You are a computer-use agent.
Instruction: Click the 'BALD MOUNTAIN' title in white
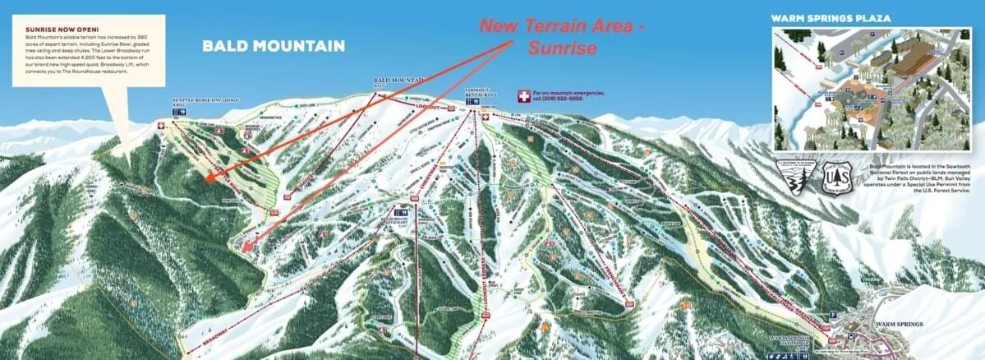[274, 46]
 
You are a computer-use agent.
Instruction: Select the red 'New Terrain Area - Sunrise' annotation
[561, 36]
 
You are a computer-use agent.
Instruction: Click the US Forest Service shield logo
[836, 177]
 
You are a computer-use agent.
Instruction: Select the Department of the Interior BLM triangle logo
[797, 177]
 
